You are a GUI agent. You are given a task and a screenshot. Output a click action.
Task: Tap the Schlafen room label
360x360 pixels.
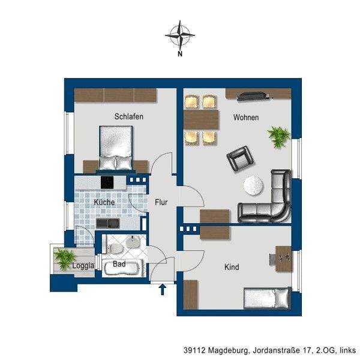tap(128, 116)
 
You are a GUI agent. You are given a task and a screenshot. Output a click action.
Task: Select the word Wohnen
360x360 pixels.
tap(246, 118)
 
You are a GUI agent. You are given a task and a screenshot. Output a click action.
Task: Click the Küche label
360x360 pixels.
tap(104, 202)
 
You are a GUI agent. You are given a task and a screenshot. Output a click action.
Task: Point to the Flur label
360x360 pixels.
tap(161, 202)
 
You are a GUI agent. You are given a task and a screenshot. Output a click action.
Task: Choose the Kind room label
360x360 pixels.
tap(232, 267)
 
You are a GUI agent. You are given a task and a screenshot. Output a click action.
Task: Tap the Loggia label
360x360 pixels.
tap(83, 266)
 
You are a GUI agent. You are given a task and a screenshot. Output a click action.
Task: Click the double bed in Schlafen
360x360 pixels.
tap(116, 149)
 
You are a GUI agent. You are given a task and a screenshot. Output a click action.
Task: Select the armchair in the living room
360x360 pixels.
tap(240, 158)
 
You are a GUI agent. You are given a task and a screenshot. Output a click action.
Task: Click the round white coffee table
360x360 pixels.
tap(253, 185)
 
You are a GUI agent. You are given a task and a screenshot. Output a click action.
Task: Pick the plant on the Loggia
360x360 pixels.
tap(64, 259)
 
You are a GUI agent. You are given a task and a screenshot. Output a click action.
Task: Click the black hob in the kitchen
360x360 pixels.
tap(107, 182)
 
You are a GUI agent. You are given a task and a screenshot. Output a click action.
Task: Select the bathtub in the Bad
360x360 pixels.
tap(122, 268)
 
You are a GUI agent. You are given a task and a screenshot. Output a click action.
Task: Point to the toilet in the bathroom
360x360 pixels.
tap(115, 248)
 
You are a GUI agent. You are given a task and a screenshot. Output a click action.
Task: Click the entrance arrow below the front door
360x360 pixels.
tap(163, 289)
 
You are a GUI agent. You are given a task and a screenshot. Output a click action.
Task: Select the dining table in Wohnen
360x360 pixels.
tap(202, 119)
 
